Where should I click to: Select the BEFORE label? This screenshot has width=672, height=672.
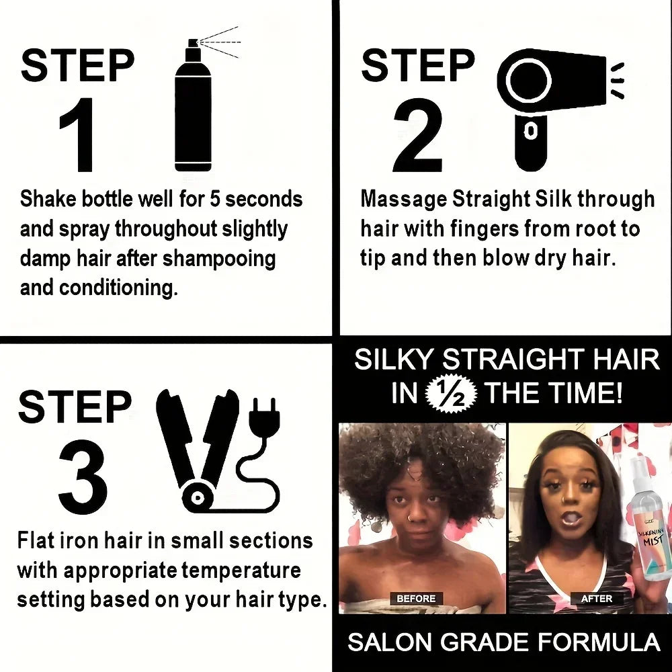click(416, 598)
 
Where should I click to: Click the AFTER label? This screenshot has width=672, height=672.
click(597, 598)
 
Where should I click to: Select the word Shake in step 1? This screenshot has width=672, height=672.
click(48, 200)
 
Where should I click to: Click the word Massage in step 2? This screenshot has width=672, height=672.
click(404, 200)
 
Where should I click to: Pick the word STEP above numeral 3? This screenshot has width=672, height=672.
click(74, 407)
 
